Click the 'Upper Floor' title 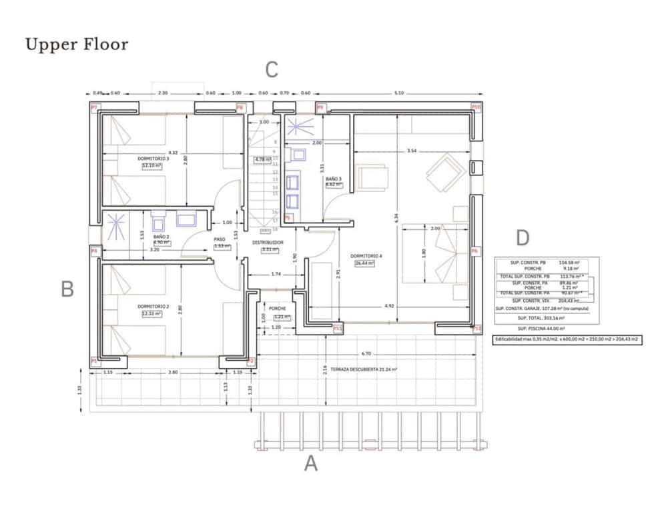tap(76, 45)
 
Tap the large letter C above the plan tap(272, 69)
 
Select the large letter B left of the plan tap(67, 289)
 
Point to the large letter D tap(523, 238)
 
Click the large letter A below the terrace tap(311, 463)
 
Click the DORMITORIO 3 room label tap(153, 159)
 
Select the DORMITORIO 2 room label tap(153, 307)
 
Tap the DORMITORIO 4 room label tap(365, 256)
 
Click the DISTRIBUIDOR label tap(269, 242)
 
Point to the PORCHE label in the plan tap(278, 309)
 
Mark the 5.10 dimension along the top tap(398, 93)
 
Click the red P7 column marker tap(94, 107)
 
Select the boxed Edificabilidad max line tap(567, 339)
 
